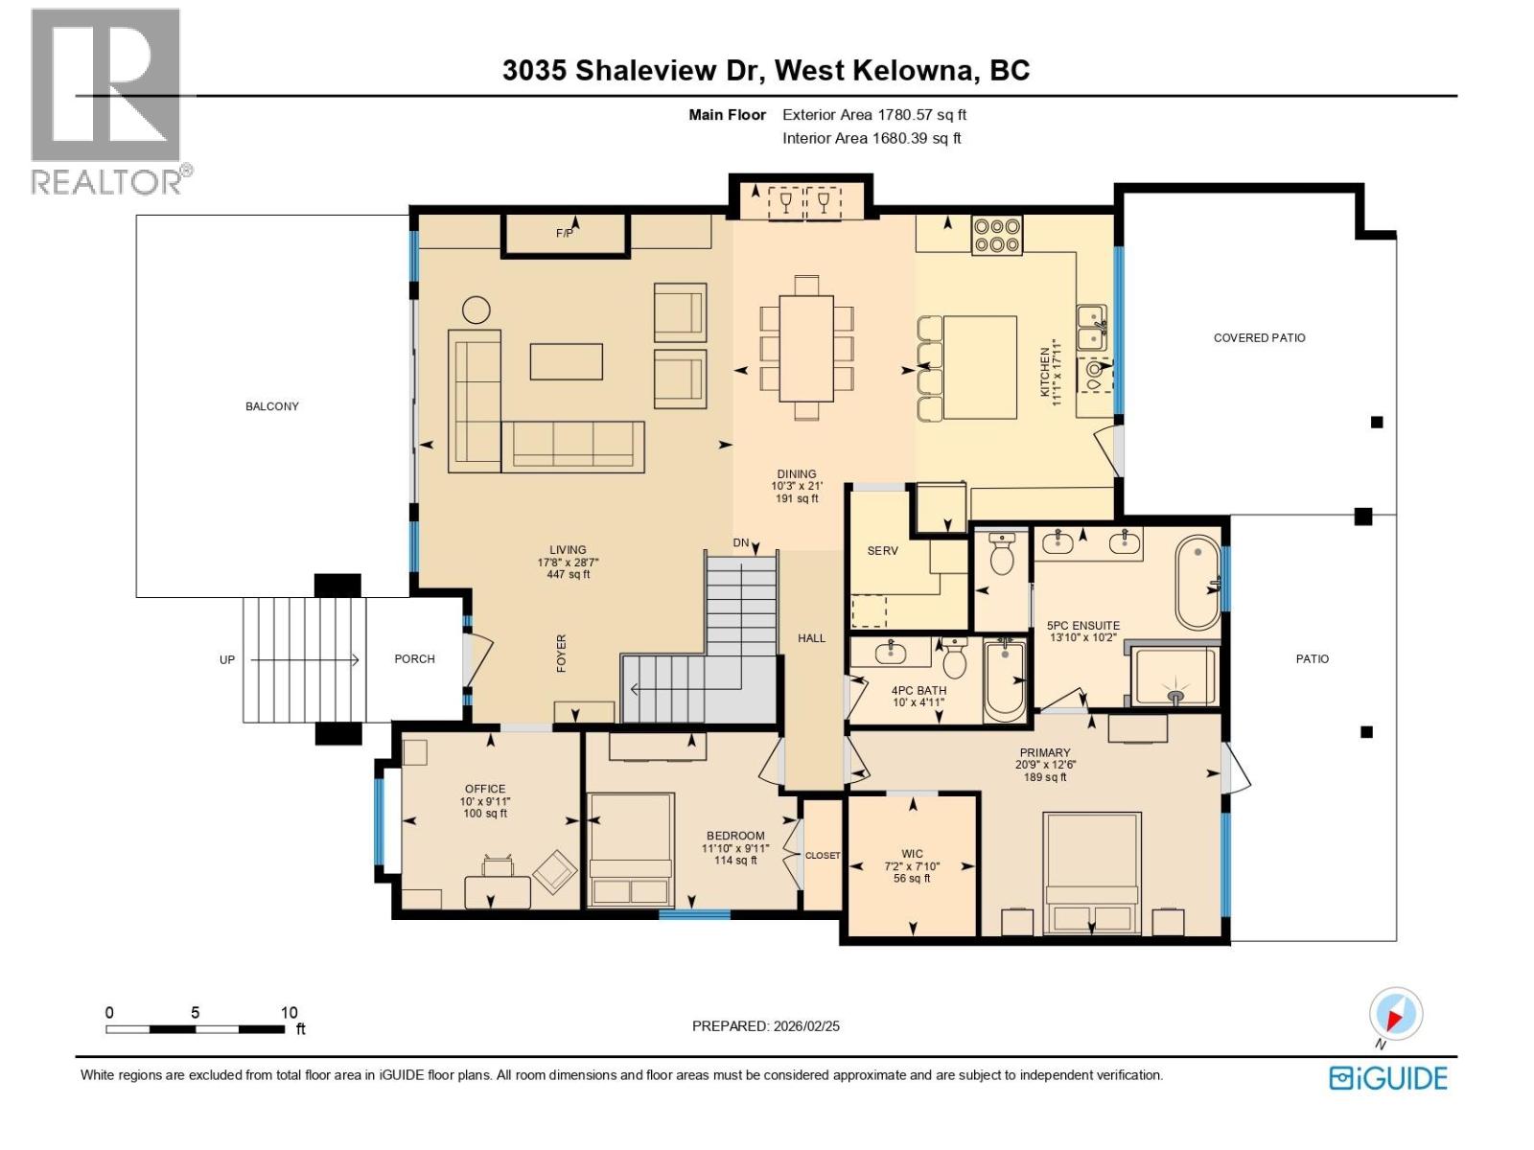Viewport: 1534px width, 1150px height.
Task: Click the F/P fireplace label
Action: [x=565, y=233]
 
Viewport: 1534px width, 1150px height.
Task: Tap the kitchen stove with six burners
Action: [x=997, y=235]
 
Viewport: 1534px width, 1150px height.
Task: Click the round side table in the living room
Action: [x=476, y=310]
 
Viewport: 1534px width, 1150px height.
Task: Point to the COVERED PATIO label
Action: [x=1259, y=337]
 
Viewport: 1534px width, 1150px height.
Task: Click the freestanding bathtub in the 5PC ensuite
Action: [x=1197, y=583]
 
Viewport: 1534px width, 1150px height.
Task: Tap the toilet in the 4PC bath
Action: [x=955, y=658]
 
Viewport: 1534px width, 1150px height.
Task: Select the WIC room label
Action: [x=912, y=853]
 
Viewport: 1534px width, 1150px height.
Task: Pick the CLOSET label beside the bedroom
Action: [x=822, y=855]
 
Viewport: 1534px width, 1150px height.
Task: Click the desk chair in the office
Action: [x=498, y=866]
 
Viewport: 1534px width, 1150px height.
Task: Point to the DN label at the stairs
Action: [x=741, y=542]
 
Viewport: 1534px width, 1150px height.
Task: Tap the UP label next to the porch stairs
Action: [x=227, y=659]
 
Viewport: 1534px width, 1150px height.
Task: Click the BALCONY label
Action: [x=272, y=406]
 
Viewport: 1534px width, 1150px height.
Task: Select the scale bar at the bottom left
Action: [x=196, y=1029]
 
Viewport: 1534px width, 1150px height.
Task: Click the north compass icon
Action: [x=1396, y=1014]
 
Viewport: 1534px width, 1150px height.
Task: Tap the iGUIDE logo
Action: [x=1387, y=1078]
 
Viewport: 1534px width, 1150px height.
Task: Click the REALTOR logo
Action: [x=106, y=101]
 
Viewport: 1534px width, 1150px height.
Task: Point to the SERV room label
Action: [x=882, y=551]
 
